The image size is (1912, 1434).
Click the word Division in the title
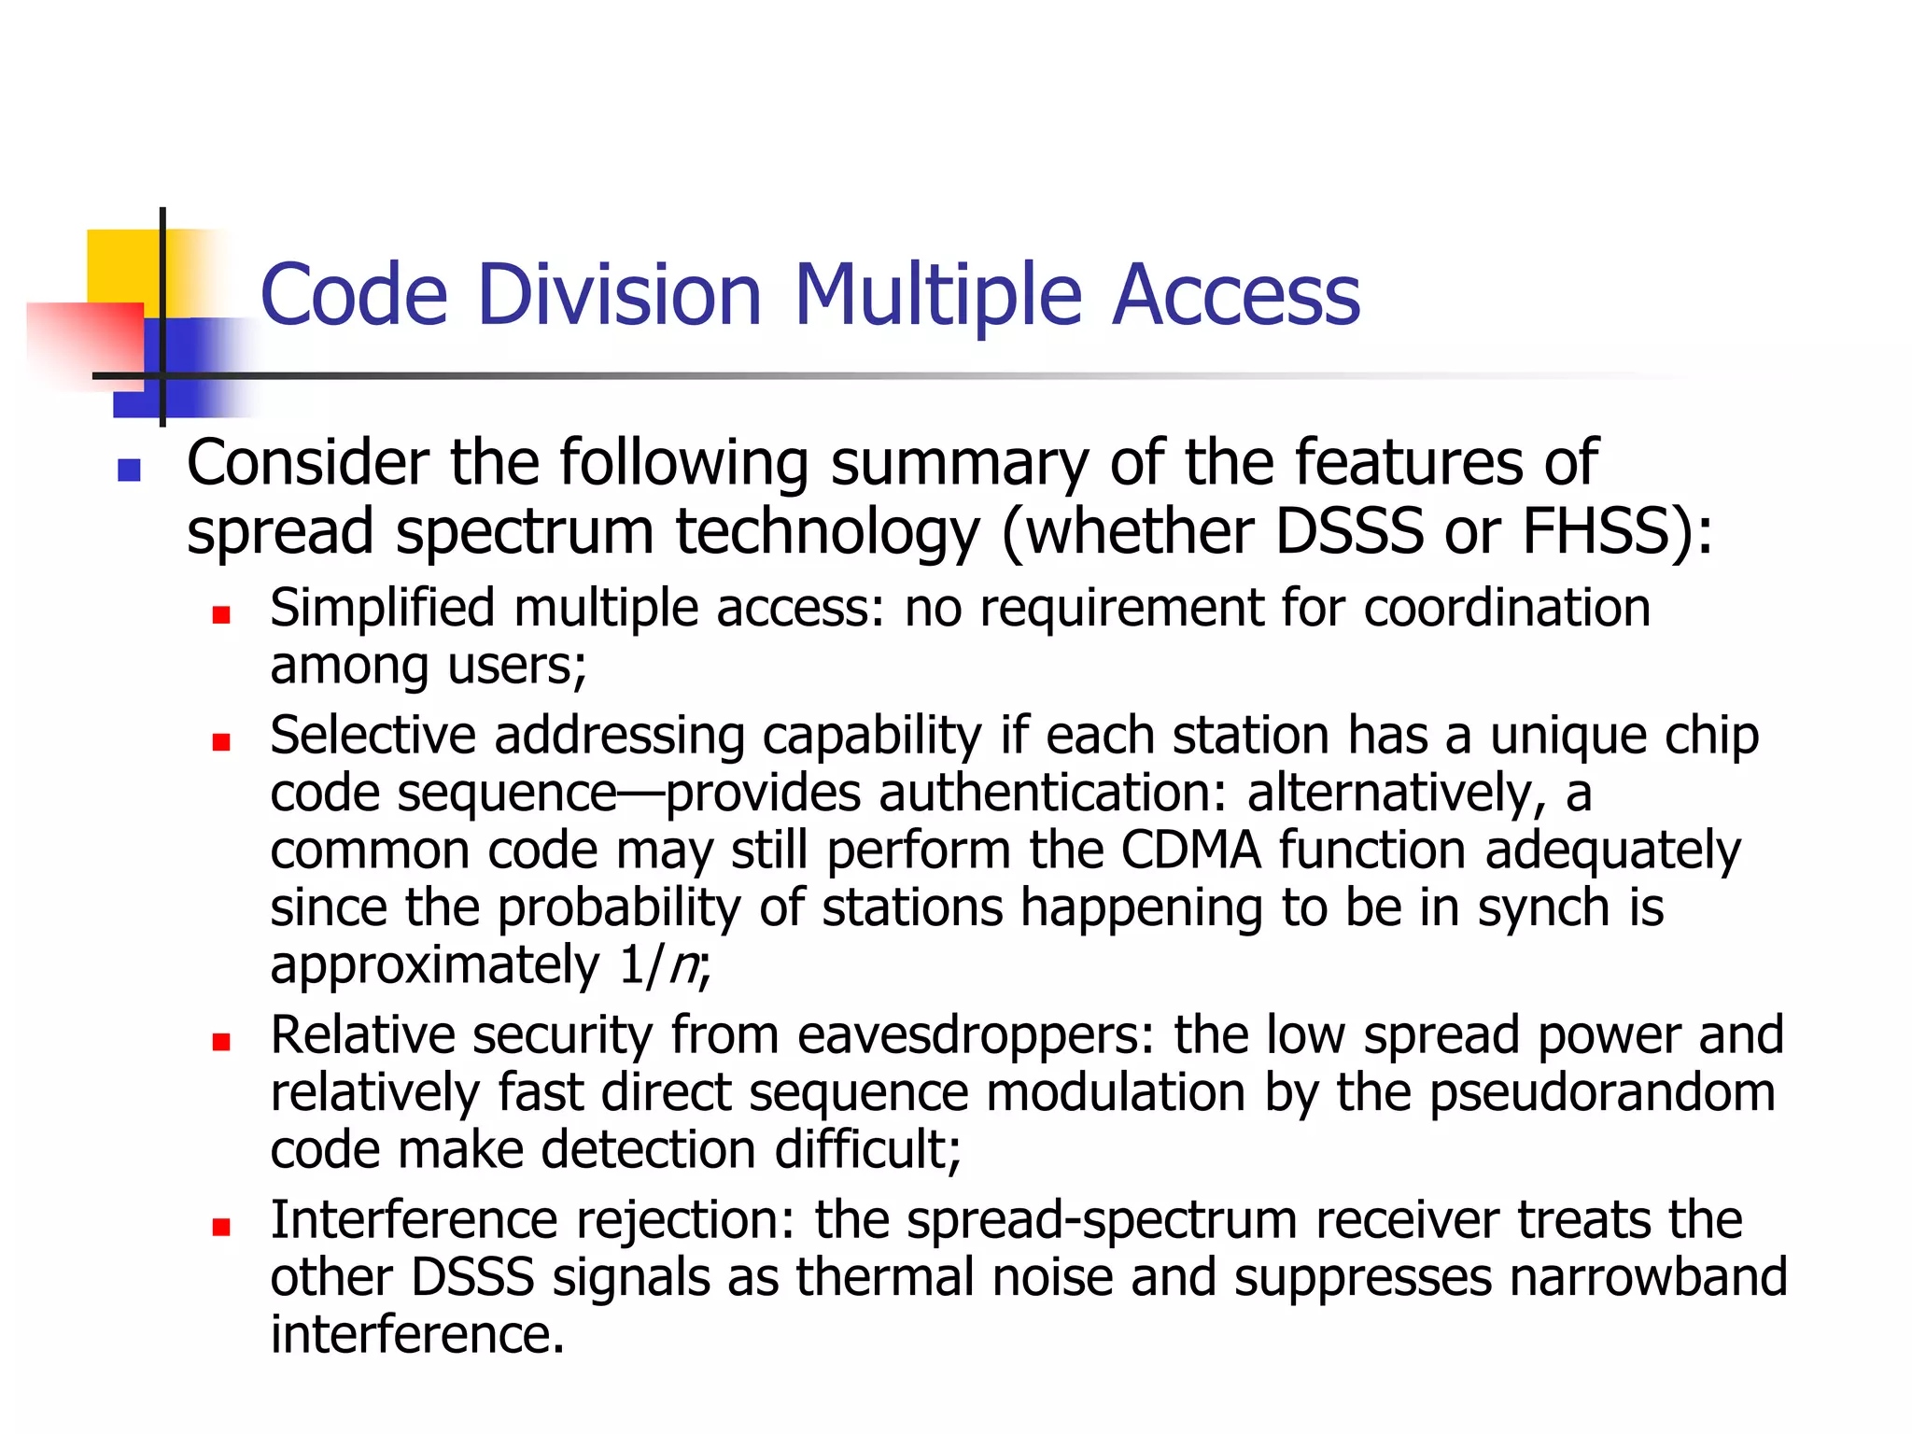tap(619, 295)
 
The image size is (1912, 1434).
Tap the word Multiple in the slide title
tap(937, 295)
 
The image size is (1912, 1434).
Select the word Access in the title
tap(1236, 295)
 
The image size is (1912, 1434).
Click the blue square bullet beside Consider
tap(129, 470)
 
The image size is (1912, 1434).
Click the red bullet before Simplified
tap(221, 614)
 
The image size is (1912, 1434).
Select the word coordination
tap(1507, 608)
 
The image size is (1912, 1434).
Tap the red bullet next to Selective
tap(221, 742)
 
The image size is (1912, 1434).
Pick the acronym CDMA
tap(1190, 850)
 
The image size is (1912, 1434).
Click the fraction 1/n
tap(659, 964)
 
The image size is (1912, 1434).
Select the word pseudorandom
tap(1602, 1092)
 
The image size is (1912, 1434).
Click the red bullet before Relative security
tap(221, 1042)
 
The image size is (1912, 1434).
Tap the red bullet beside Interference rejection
tap(221, 1227)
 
